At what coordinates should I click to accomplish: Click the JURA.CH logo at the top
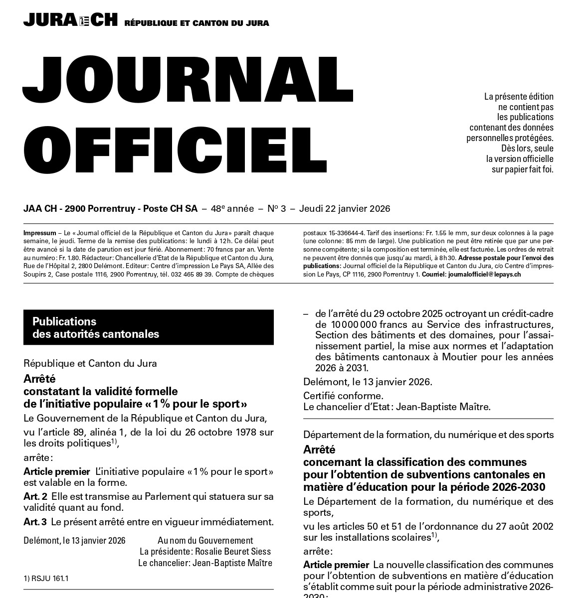click(70, 19)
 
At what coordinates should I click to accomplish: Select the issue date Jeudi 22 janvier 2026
click(345, 209)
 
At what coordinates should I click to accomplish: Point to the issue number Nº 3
click(276, 209)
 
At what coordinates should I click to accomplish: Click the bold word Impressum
click(39, 233)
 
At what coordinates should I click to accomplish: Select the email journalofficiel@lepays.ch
click(485, 275)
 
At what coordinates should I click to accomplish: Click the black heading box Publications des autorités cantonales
click(148, 327)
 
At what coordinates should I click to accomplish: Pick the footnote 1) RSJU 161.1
click(46, 579)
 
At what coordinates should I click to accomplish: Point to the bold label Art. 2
click(35, 497)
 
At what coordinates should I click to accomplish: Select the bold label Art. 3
click(35, 522)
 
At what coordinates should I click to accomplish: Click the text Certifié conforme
click(344, 396)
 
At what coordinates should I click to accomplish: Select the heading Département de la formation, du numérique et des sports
click(428, 435)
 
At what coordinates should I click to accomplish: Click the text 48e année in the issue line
click(232, 209)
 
